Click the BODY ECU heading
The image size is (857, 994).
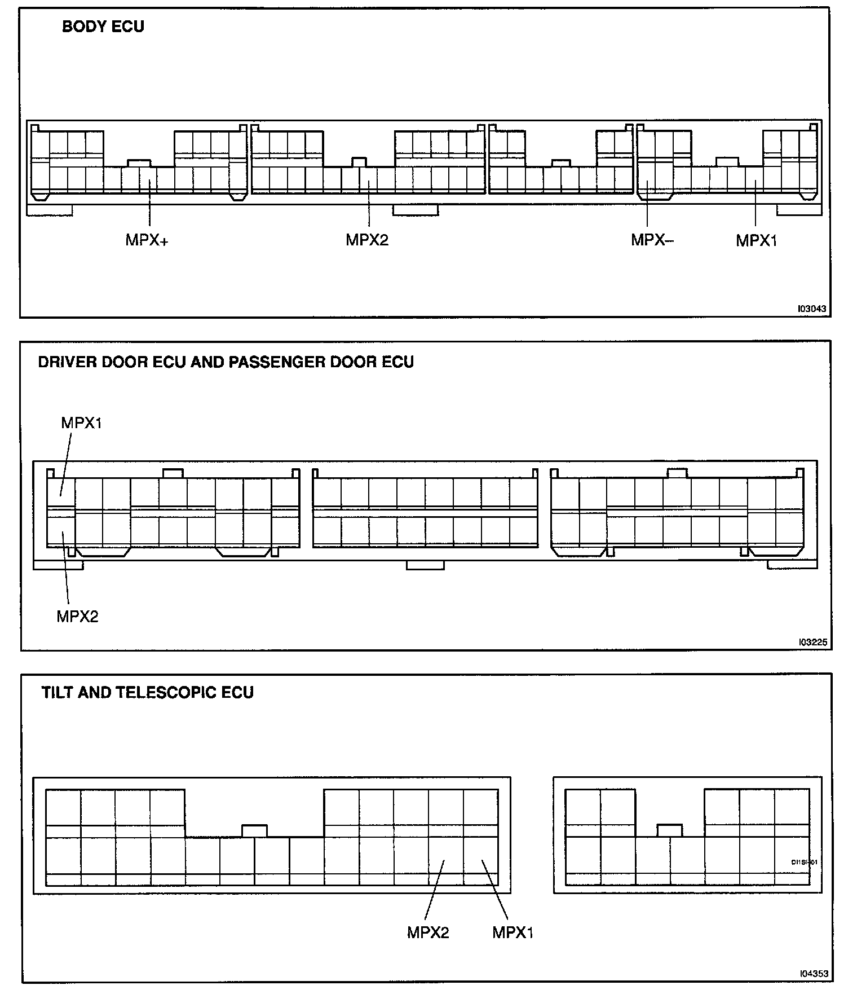[x=103, y=27]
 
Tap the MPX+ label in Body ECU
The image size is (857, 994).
[x=147, y=240]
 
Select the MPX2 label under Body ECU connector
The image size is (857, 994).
[x=367, y=240]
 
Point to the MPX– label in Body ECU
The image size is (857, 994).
[x=652, y=240]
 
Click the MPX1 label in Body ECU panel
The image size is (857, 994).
[x=757, y=240]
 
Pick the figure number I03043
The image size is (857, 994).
[x=812, y=309]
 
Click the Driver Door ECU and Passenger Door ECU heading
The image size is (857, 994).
[x=226, y=362]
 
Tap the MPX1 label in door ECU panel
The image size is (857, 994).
[x=82, y=423]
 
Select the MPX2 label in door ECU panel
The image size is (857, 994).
[x=77, y=616]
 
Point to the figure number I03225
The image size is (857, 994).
[x=812, y=642]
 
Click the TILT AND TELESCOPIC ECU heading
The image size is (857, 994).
[x=148, y=692]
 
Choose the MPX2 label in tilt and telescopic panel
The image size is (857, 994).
[x=428, y=933]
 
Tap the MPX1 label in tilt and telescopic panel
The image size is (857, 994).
[x=513, y=933]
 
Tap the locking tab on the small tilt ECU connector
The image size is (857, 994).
[x=669, y=830]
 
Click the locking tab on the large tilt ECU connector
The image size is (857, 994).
[x=254, y=830]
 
